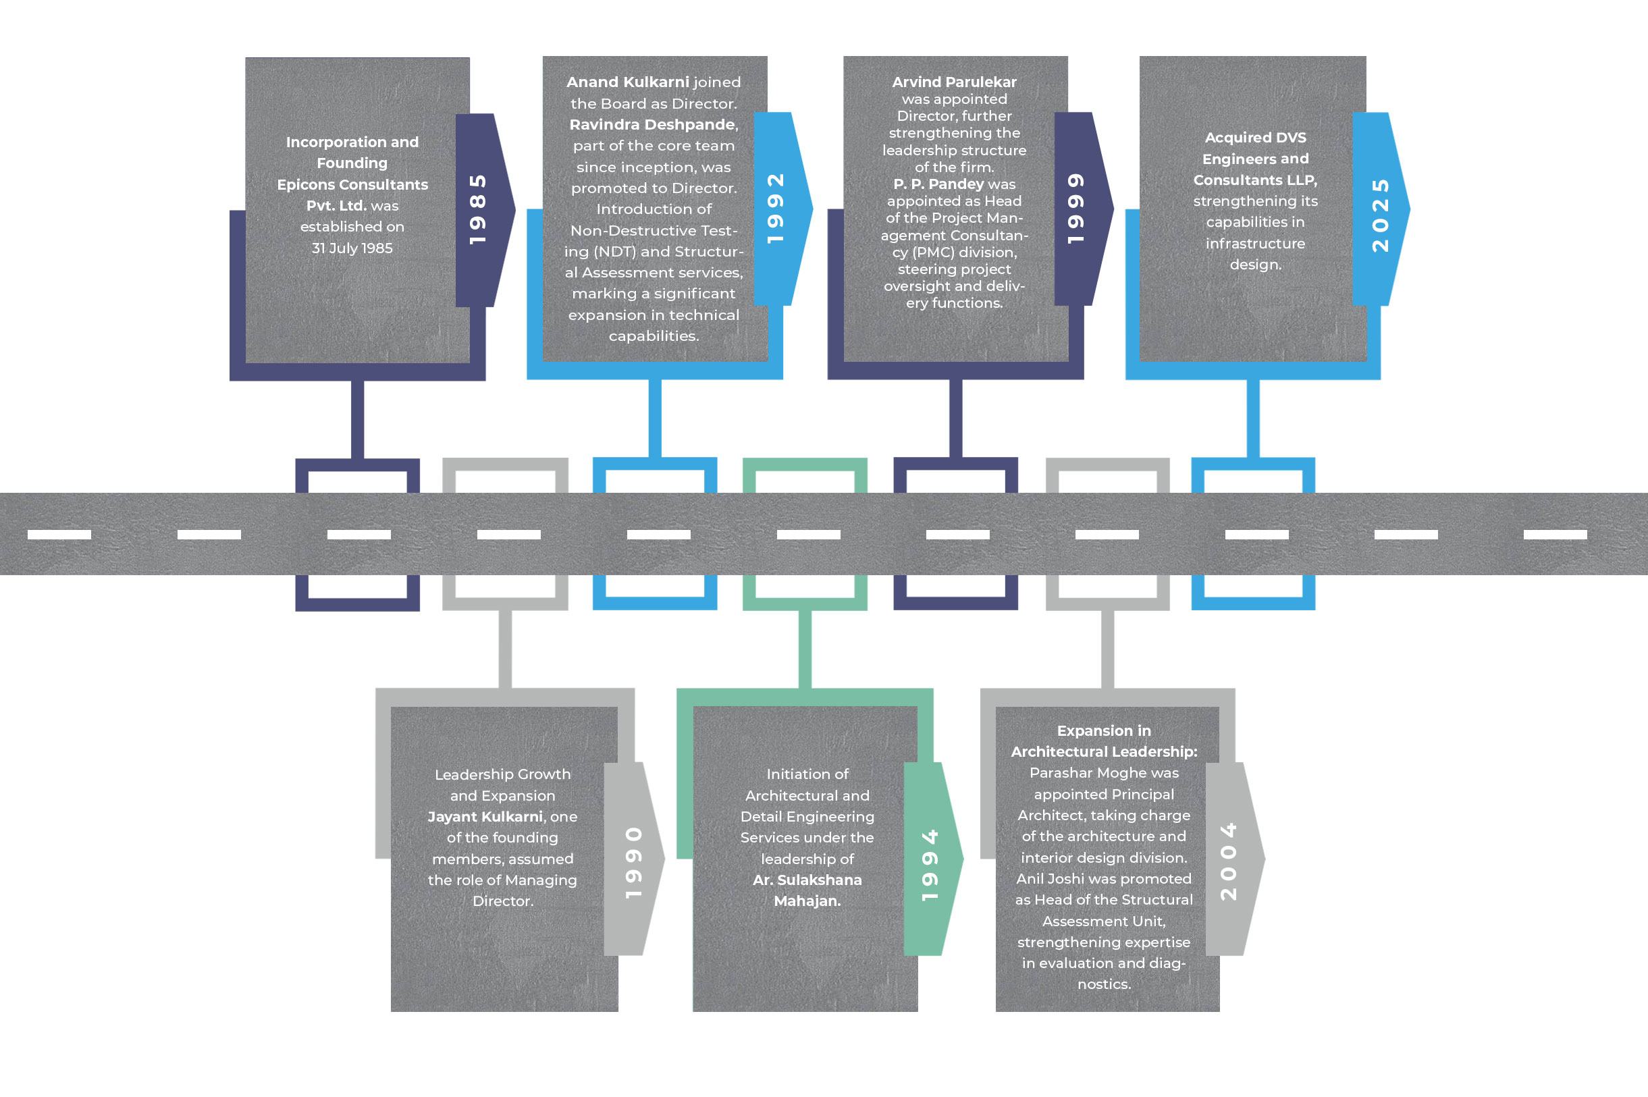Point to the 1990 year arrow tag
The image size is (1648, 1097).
632,859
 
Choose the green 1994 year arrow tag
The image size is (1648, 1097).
930,859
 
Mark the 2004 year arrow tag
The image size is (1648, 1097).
1233,859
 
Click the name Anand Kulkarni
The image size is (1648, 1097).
627,82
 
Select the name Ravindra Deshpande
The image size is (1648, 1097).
653,124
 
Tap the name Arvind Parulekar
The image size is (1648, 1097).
954,82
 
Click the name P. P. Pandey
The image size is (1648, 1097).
938,184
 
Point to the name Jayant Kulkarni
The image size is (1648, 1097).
485,816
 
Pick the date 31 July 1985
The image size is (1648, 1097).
352,248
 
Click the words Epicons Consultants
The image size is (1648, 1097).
352,185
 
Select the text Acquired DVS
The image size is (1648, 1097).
1255,137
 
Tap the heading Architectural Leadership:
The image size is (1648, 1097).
1104,751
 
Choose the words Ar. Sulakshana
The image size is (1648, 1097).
807,880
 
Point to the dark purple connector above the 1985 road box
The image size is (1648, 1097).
357,419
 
